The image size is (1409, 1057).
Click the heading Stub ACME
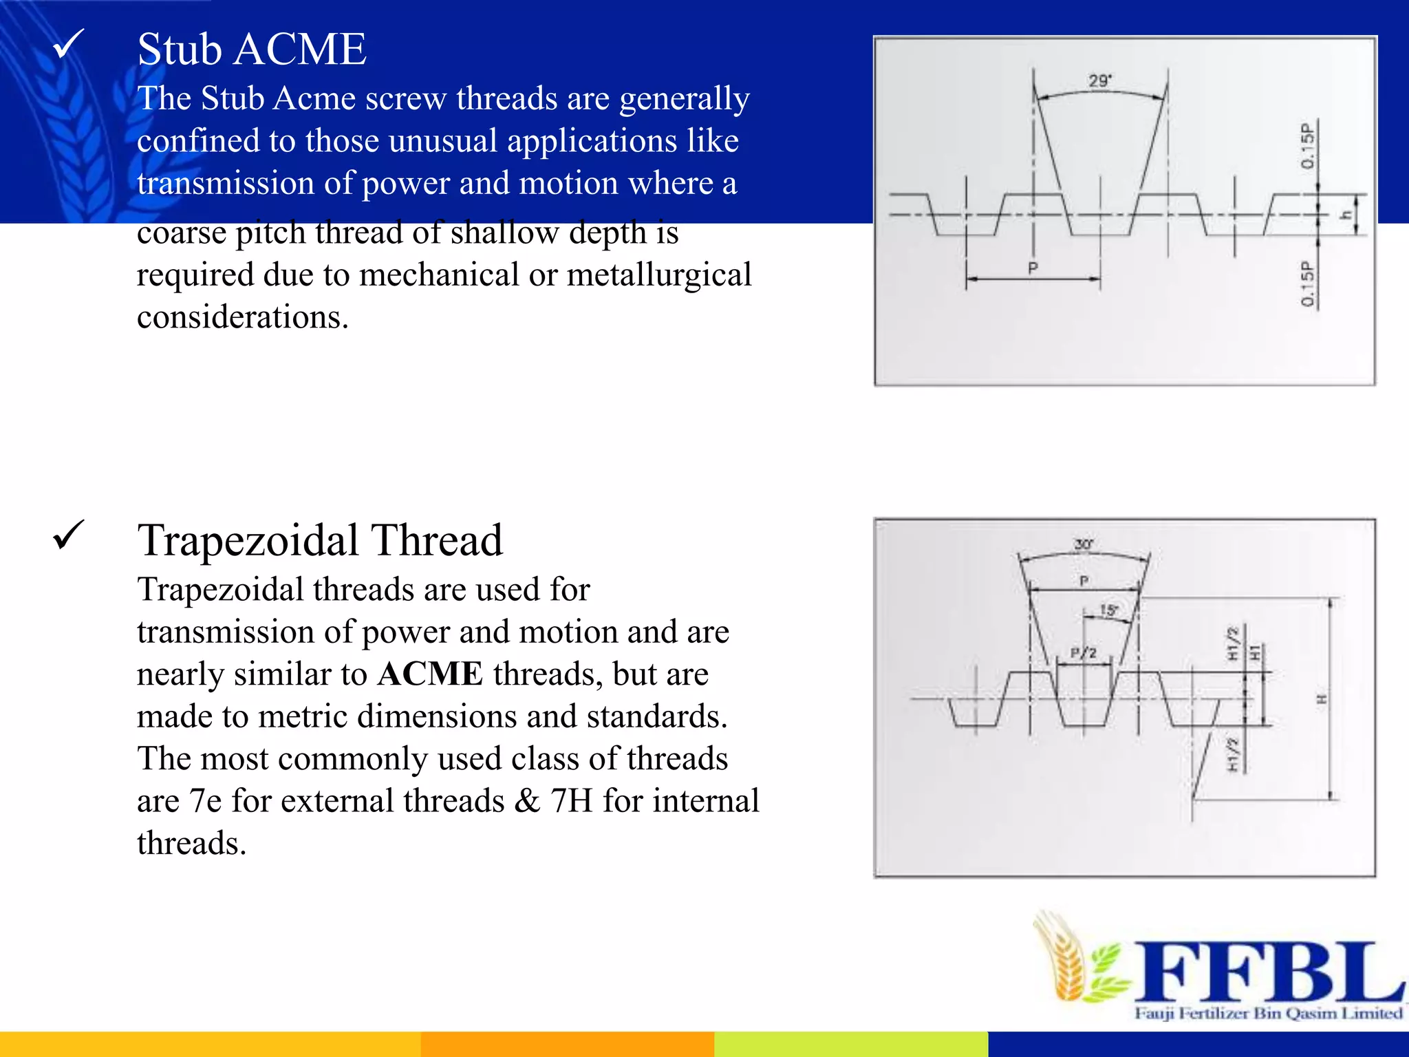(252, 50)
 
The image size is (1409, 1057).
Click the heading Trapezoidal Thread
(320, 541)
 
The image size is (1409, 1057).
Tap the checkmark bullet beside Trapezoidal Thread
(68, 535)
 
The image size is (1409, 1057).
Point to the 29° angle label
(1099, 81)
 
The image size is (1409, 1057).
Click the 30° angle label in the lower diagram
(1084, 544)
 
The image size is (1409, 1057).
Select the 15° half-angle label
(1108, 610)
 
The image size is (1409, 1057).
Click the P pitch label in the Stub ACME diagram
(1033, 268)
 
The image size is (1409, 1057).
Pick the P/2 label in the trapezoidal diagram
(1083, 652)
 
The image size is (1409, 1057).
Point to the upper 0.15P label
(1307, 146)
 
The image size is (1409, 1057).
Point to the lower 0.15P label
(1307, 284)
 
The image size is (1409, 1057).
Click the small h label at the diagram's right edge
(1346, 215)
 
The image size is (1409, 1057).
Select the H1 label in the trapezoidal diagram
(1255, 652)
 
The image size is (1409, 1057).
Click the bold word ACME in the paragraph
(431, 674)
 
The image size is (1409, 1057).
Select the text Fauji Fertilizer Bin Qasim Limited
(1268, 1014)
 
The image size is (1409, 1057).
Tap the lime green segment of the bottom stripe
(850, 1044)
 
